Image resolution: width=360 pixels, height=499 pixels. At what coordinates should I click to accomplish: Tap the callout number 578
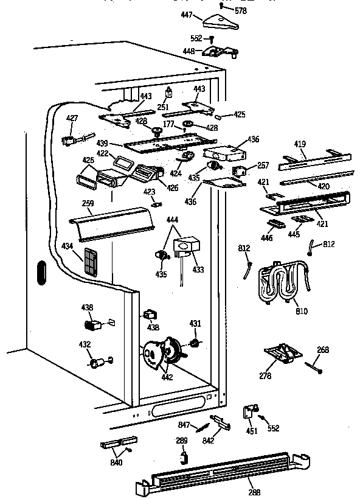click(x=240, y=10)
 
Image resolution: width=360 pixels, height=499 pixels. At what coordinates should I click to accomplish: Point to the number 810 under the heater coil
click(x=301, y=312)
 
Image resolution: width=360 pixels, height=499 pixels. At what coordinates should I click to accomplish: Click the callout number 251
click(x=162, y=108)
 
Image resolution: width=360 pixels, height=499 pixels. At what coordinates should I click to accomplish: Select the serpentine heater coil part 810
click(x=283, y=283)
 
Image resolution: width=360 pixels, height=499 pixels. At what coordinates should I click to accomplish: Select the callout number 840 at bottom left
click(x=116, y=462)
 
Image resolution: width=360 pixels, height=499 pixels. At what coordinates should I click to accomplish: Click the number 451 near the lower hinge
click(x=252, y=431)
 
